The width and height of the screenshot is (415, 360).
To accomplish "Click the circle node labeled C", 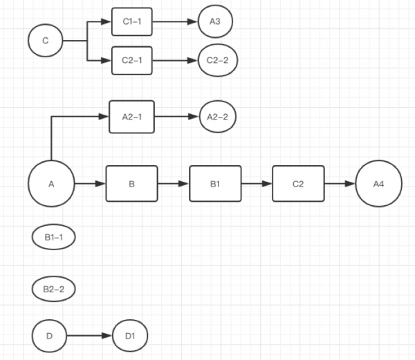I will click(46, 41).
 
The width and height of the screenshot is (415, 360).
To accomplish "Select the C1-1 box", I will click(131, 21).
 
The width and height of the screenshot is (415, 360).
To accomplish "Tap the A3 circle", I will click(215, 21).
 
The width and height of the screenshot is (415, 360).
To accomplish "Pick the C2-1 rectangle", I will click(131, 60).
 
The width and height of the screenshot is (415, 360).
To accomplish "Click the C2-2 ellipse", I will click(218, 60).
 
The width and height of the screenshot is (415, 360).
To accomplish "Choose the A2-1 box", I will click(131, 117).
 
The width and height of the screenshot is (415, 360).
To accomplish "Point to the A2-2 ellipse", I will click(218, 117).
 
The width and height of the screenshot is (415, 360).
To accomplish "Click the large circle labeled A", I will click(51, 184).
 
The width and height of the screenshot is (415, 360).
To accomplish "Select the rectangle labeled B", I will click(131, 184).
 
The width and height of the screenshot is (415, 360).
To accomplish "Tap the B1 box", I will click(215, 184).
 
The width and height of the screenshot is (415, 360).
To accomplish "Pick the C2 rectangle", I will click(298, 184).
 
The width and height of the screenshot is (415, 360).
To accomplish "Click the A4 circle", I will click(378, 184).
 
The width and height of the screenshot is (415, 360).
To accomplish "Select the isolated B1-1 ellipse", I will click(53, 237).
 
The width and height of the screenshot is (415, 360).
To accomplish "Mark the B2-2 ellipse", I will click(53, 288).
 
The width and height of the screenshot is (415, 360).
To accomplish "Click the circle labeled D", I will click(49, 337).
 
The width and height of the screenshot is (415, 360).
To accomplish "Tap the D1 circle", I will click(130, 337).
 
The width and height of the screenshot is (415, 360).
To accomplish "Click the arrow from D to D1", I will click(89, 337).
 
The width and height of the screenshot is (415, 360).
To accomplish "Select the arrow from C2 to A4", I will click(340, 184).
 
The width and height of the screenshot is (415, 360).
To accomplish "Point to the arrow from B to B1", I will click(174, 184).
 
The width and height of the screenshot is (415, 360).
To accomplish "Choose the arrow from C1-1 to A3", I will click(174, 21).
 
